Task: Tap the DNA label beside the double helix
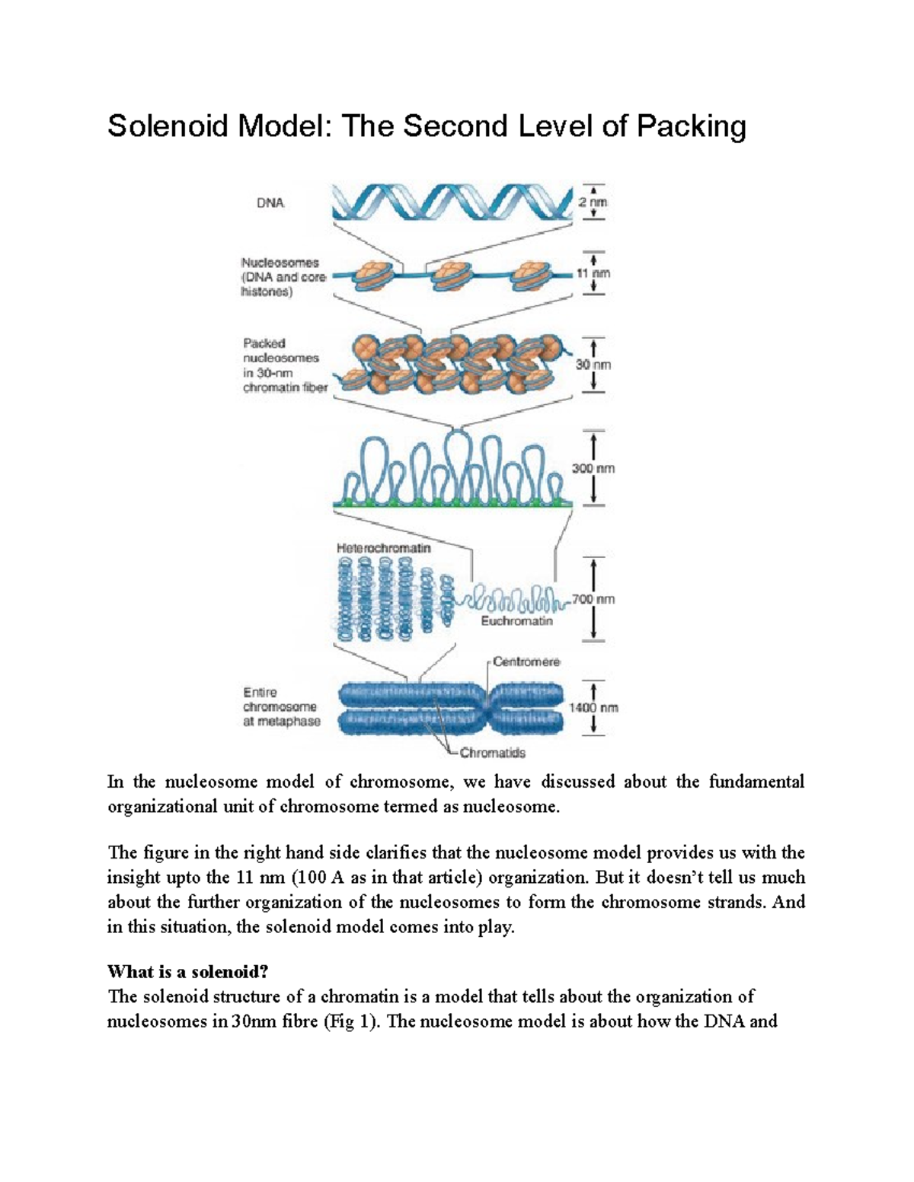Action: [x=270, y=203]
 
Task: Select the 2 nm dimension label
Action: [x=593, y=202]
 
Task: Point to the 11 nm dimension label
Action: [x=593, y=272]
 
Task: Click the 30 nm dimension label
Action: [x=593, y=365]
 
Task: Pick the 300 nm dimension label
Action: [x=593, y=469]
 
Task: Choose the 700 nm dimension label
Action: [x=594, y=599]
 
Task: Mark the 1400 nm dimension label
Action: [x=593, y=708]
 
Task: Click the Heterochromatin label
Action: [x=383, y=548]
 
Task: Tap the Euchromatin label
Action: [x=516, y=621]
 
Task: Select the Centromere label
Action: [x=526, y=661]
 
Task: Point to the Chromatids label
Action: [x=492, y=753]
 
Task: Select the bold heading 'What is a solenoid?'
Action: [x=189, y=972]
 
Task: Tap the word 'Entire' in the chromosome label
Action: [x=260, y=693]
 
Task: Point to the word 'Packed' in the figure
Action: [x=264, y=343]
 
